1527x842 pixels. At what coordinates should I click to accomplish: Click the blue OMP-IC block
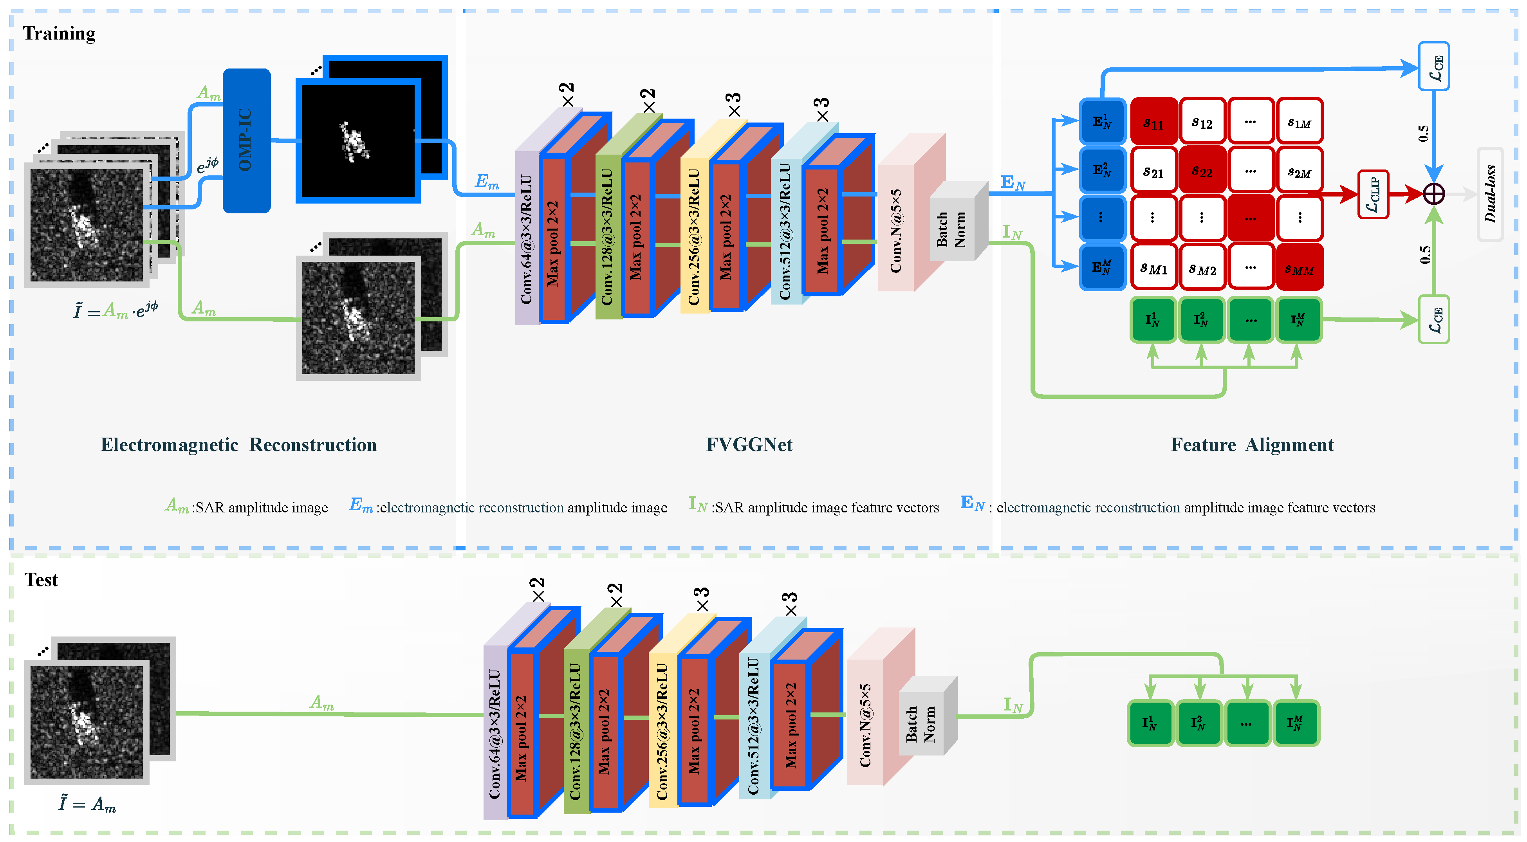pyautogui.click(x=247, y=141)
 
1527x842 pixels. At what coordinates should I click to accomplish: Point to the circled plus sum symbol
pyautogui.click(x=1434, y=194)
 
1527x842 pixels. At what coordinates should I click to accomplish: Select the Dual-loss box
pyautogui.click(x=1490, y=194)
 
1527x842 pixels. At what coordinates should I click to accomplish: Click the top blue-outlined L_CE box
pyautogui.click(x=1434, y=67)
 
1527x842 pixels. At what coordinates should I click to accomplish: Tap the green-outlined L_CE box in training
pyautogui.click(x=1434, y=319)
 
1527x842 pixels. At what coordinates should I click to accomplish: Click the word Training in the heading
pyautogui.click(x=59, y=33)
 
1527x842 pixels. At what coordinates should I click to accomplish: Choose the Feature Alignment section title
pyautogui.click(x=1252, y=444)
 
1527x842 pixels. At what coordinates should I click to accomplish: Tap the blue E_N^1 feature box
pyautogui.click(x=1102, y=121)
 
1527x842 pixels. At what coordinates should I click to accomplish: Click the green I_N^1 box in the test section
pyautogui.click(x=1150, y=723)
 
